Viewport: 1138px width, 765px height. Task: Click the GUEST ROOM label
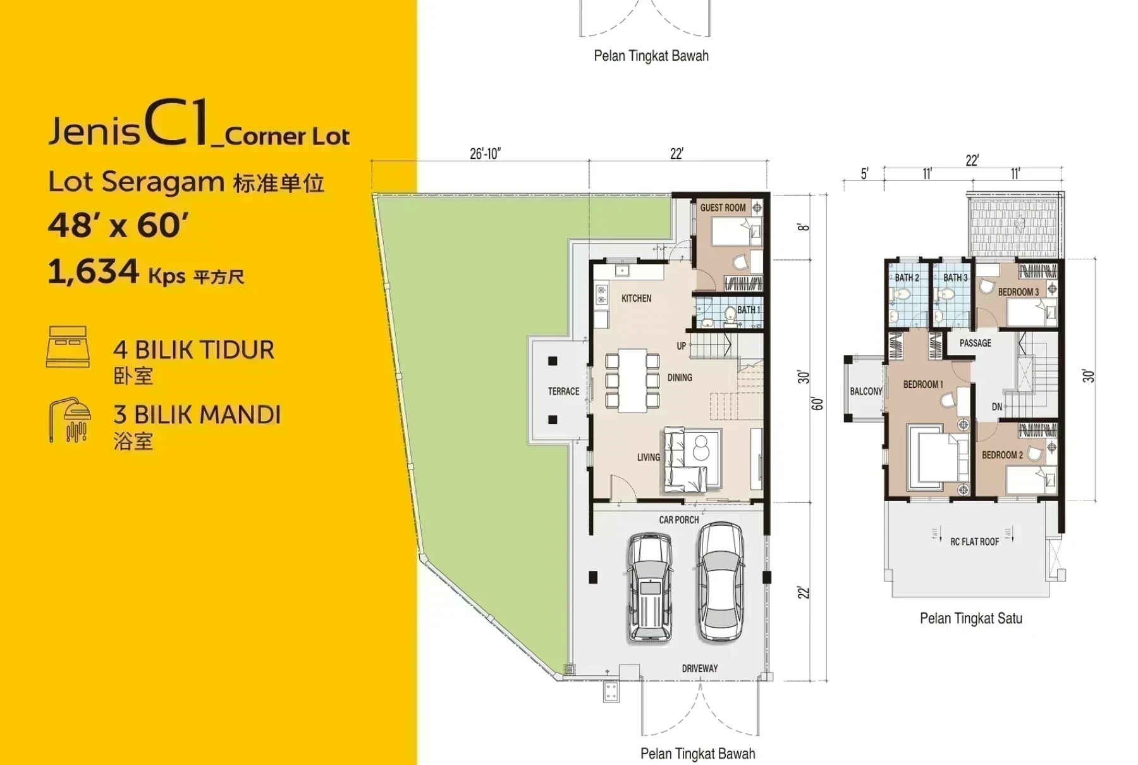pos(723,208)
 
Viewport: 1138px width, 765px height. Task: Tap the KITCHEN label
pos(636,298)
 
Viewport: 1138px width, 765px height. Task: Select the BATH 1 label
pos(749,309)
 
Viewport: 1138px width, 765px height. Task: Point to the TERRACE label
pos(563,391)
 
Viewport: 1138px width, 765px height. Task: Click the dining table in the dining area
pos(632,380)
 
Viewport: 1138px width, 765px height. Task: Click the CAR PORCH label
pos(679,519)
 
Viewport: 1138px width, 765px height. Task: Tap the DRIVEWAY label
pos(699,668)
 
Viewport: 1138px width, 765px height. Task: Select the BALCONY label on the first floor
pos(866,391)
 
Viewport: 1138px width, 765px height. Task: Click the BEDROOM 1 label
pos(923,384)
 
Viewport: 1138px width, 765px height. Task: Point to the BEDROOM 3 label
pos(1018,292)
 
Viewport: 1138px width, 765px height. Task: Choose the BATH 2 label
pos(907,278)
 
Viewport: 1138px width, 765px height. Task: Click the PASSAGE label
pos(975,343)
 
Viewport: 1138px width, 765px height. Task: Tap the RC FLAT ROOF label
pos(974,542)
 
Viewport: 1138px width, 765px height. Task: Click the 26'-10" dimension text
pos(485,154)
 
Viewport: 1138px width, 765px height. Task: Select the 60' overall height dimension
pos(817,404)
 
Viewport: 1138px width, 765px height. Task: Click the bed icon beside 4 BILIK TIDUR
pos(68,347)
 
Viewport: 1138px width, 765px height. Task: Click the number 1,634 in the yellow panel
pos(93,271)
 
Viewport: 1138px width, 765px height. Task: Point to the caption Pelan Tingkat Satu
pos(970,618)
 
